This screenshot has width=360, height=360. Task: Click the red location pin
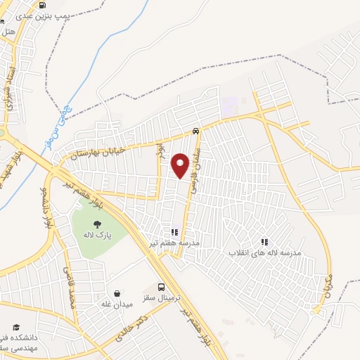pyautogui.click(x=181, y=165)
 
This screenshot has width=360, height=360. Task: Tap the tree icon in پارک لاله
pyautogui.click(x=96, y=223)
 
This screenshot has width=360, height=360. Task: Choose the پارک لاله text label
pyautogui.click(x=96, y=235)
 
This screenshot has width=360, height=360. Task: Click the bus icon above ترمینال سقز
pyautogui.click(x=162, y=287)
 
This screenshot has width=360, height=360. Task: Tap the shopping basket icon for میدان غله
pyautogui.click(x=117, y=294)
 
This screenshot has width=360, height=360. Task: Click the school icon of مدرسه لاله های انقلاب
pyautogui.click(x=264, y=242)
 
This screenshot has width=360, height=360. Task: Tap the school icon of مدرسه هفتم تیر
pyautogui.click(x=174, y=231)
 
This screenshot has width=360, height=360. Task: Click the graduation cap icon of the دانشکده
pyautogui.click(x=15, y=328)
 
